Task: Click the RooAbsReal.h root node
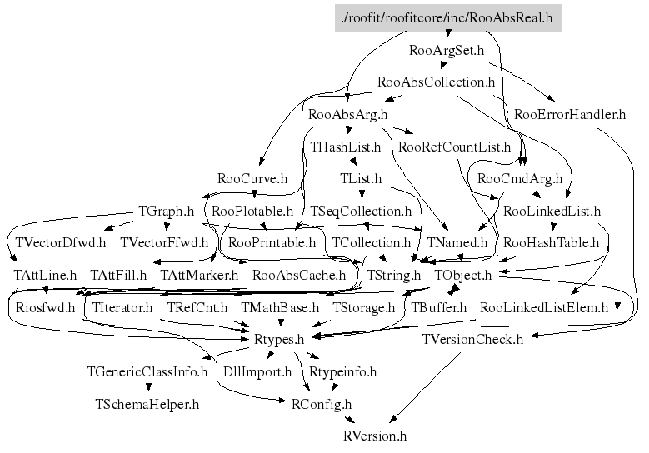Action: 447,17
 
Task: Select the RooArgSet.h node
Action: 447,50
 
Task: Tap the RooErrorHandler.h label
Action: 570,114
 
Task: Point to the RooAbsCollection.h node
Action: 437,82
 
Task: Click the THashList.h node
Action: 345,147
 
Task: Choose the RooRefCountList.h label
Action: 455,147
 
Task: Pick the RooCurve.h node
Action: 252,178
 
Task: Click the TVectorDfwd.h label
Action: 61,243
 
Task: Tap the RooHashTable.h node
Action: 552,243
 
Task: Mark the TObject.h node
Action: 463,275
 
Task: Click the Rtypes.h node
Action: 278,339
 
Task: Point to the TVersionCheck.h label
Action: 472,339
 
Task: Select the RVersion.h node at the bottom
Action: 375,436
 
